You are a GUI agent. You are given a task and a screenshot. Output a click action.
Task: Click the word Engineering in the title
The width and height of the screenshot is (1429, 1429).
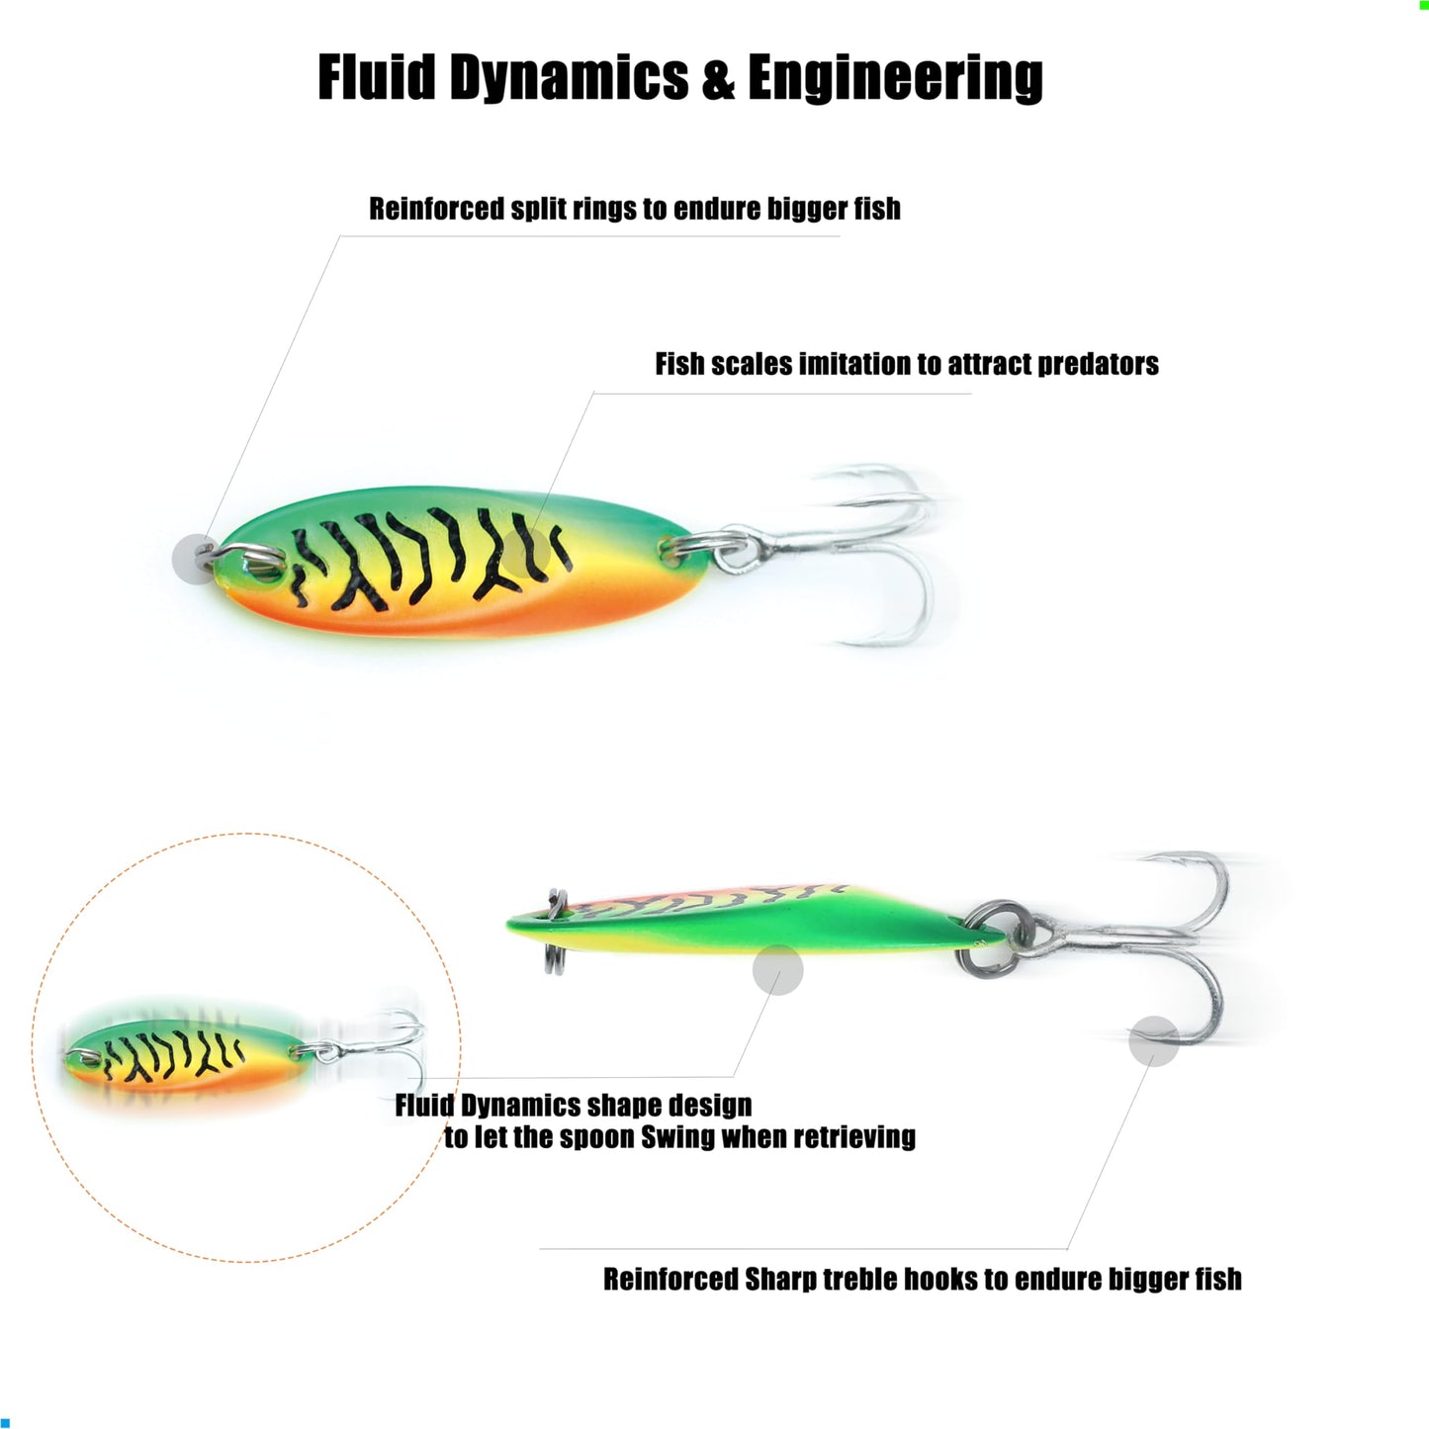896,79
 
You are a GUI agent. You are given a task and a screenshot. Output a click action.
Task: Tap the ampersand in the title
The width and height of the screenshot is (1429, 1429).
719,79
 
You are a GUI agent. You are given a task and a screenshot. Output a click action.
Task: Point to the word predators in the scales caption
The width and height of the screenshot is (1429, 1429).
1099,364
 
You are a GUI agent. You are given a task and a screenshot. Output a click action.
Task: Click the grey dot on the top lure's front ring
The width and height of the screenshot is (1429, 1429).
195,558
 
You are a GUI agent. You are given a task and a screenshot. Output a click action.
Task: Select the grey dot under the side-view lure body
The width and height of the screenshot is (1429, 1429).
777,969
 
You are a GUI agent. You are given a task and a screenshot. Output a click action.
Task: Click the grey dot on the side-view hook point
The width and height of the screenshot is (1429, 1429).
1153,1041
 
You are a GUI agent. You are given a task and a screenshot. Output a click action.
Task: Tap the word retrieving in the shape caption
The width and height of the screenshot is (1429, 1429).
854,1137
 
